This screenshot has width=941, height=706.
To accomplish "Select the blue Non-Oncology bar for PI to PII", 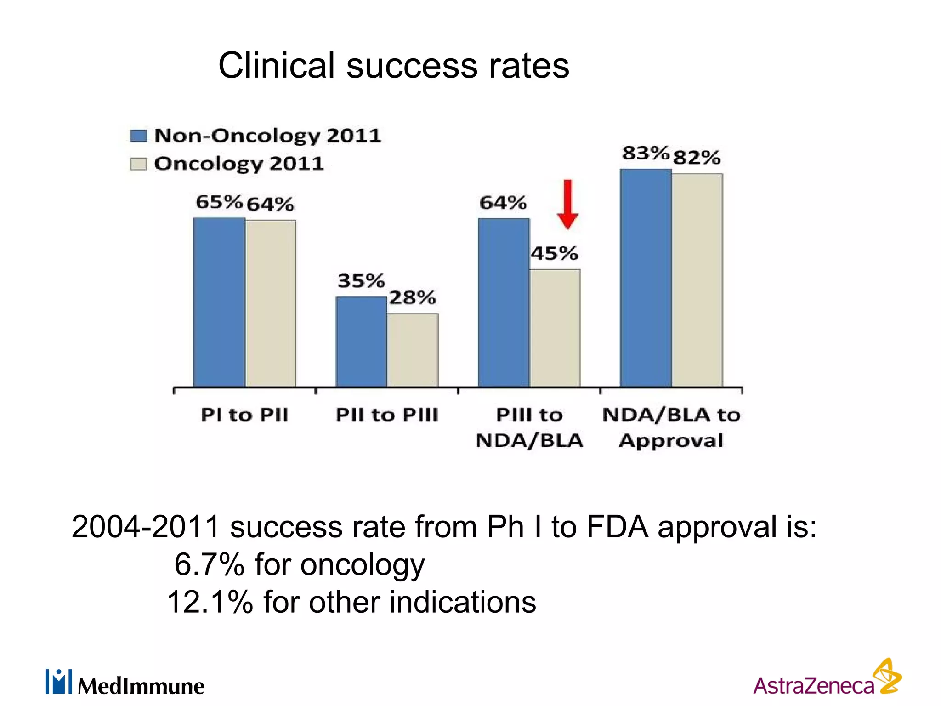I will click(219, 302).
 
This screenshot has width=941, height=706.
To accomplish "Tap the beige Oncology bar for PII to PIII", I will click(413, 350).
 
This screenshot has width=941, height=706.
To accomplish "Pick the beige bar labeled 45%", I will click(555, 328).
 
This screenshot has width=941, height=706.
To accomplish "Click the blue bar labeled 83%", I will click(646, 278).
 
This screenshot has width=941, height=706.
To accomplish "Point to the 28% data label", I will click(412, 298).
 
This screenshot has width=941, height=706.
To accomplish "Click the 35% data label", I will click(361, 280).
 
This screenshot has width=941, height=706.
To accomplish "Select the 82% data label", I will click(697, 158).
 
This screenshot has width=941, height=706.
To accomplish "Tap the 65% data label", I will click(219, 202).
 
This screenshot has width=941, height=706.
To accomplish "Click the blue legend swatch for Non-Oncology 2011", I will click(139, 136).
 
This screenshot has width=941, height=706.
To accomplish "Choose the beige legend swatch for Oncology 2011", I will click(139, 164).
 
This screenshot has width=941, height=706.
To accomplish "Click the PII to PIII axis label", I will click(387, 415).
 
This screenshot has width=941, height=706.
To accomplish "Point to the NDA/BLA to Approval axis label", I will click(671, 427).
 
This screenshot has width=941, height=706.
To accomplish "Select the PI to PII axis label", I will click(244, 415).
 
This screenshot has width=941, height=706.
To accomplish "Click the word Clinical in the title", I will click(276, 66).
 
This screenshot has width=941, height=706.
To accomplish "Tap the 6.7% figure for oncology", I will click(209, 564).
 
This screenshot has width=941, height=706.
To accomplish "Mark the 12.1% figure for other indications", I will click(210, 602).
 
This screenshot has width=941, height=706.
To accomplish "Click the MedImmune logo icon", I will click(59, 682).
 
